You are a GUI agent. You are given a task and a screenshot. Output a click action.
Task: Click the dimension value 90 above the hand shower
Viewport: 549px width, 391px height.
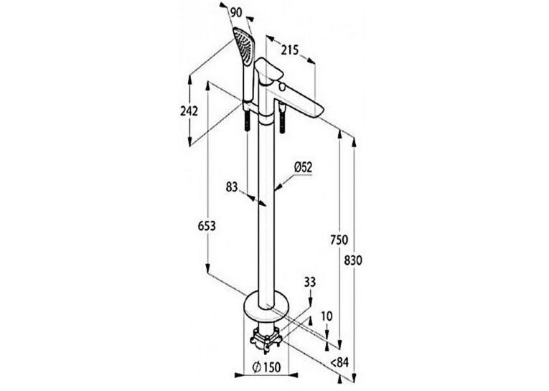point(236,13)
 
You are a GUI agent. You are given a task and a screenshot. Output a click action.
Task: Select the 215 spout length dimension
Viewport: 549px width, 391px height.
point(290,50)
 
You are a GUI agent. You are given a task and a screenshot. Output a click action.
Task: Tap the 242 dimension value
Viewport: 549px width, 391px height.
point(189,111)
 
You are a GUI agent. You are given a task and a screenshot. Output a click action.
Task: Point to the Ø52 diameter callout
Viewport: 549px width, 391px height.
point(304,167)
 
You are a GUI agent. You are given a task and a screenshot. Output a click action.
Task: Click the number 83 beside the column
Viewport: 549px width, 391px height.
point(231,187)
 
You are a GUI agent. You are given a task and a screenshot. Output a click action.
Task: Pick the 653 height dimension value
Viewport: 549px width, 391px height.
point(207,226)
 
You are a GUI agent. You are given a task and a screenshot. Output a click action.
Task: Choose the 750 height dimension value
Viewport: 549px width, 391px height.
point(339,240)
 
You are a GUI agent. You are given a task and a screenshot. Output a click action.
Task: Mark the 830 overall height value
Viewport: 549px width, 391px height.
point(354,260)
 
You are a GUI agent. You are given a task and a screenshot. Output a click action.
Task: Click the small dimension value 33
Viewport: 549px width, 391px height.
point(309,282)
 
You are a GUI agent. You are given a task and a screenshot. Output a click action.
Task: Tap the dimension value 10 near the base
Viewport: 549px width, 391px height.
point(327,316)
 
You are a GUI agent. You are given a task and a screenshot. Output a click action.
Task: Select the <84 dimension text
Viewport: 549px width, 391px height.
point(340,362)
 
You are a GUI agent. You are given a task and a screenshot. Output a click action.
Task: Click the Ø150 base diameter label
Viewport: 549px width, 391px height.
point(267,367)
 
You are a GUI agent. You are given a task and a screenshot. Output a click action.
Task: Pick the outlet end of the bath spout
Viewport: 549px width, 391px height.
point(320,110)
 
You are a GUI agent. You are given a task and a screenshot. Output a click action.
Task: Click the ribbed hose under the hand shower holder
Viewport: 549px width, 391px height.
point(247,120)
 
